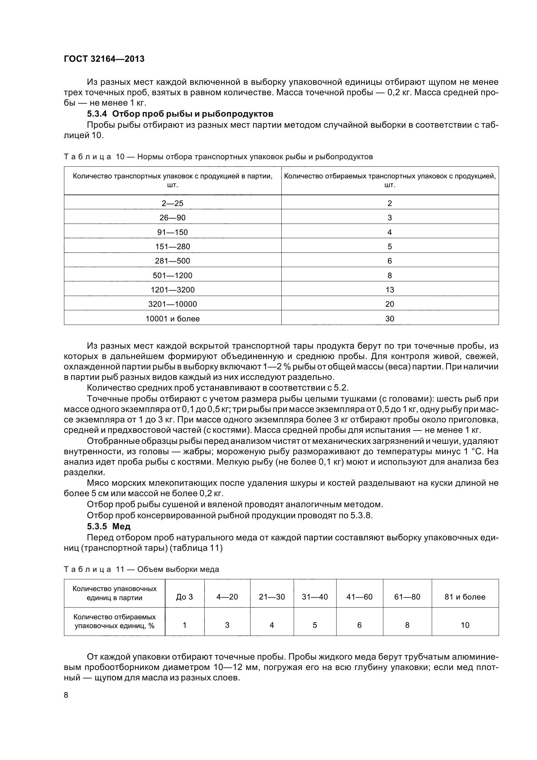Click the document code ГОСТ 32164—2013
click(x=104, y=59)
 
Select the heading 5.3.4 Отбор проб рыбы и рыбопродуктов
click(x=180, y=114)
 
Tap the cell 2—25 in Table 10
click(x=173, y=203)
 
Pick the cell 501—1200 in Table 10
click(x=173, y=276)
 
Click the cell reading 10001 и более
click(x=173, y=319)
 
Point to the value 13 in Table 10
click(x=390, y=290)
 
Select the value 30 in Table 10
click(x=390, y=319)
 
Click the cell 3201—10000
click(x=173, y=304)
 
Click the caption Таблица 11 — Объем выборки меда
click(x=141, y=569)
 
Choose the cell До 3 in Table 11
click(x=184, y=597)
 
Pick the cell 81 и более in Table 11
click(x=465, y=597)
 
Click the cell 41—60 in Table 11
click(x=359, y=597)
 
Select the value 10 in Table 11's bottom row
click(x=465, y=625)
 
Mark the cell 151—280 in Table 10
click(x=173, y=247)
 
